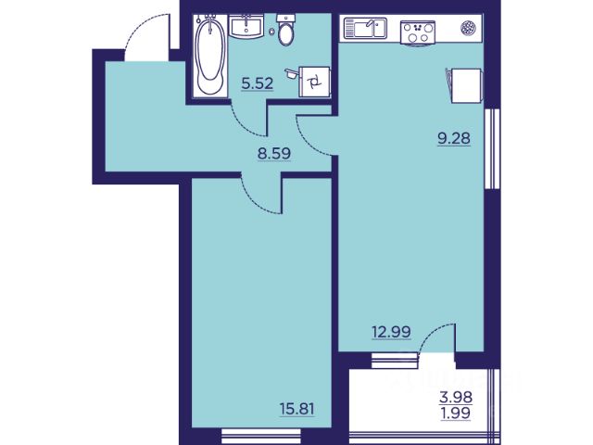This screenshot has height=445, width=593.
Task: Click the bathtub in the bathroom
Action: pyautogui.click(x=209, y=55)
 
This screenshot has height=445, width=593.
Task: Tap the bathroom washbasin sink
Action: pyautogui.click(x=246, y=27)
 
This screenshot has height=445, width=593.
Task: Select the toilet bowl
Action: pyautogui.click(x=286, y=30)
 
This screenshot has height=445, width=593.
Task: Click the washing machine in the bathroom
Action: pyautogui.click(x=314, y=82)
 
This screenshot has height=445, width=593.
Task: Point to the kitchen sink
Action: pyautogui.click(x=365, y=29)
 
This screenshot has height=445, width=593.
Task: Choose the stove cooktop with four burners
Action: pyautogui.click(x=418, y=32)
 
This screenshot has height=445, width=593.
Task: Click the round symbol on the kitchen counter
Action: pyautogui.click(x=468, y=28)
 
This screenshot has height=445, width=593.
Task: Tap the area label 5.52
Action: pyautogui.click(x=258, y=84)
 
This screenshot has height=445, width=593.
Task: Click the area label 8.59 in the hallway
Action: pyautogui.click(x=274, y=154)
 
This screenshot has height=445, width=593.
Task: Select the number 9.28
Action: pyautogui.click(x=454, y=138)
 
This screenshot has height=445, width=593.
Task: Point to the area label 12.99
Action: pyautogui.click(x=391, y=332)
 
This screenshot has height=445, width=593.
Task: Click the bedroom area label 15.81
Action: pyautogui.click(x=297, y=409)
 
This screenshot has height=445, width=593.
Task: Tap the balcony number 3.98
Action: pyautogui.click(x=456, y=398)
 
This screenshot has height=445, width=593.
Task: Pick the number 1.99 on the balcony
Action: pyautogui.click(x=456, y=413)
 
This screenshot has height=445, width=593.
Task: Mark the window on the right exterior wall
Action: pyautogui.click(x=492, y=148)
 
